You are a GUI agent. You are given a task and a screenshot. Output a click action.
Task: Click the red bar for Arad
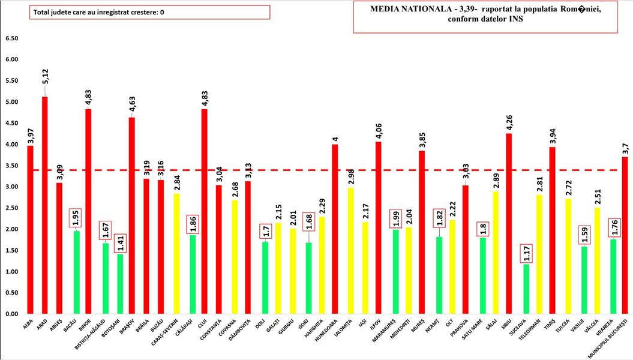coord(44,204)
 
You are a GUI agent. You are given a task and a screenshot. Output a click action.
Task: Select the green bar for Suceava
coord(526,289)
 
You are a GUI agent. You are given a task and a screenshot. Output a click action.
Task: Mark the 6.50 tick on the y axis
coord(11,38)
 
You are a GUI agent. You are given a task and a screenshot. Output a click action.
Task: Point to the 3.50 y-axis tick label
coord(11,166)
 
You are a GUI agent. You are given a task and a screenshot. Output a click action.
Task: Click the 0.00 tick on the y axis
coord(11,314)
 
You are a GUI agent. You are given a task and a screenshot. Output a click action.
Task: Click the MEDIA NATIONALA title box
coord(485,17)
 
